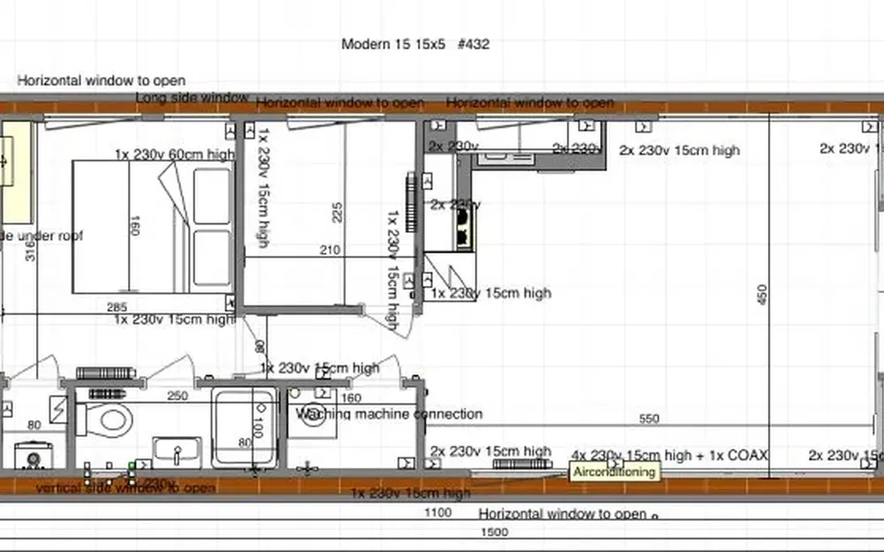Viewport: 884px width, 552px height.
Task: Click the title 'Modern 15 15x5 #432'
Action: pyautogui.click(x=415, y=44)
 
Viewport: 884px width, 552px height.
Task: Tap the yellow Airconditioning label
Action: pyautogui.click(x=614, y=472)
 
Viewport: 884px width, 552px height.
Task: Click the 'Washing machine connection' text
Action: pyautogui.click(x=389, y=413)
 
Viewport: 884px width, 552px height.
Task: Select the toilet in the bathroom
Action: pyautogui.click(x=111, y=418)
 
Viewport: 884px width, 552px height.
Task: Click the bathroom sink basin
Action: pyautogui.click(x=177, y=451)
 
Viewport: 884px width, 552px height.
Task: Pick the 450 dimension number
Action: pyautogui.click(x=763, y=295)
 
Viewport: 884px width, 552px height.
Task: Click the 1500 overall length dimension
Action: pyautogui.click(x=493, y=532)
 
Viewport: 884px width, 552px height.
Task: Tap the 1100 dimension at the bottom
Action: pyautogui.click(x=438, y=512)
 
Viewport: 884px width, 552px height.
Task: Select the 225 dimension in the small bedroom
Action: pyautogui.click(x=338, y=213)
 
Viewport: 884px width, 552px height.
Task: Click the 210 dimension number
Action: pyautogui.click(x=330, y=251)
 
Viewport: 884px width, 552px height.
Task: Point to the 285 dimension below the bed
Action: pyautogui.click(x=117, y=306)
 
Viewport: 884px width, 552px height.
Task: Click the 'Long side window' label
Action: pyautogui.click(x=192, y=96)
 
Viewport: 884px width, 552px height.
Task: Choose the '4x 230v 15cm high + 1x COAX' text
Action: pyautogui.click(x=669, y=456)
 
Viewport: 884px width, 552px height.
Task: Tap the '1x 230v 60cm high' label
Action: pyautogui.click(x=174, y=155)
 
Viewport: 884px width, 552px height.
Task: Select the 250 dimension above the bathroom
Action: pyautogui.click(x=178, y=396)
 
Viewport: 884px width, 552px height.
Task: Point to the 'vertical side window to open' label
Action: pyautogui.click(x=126, y=487)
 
